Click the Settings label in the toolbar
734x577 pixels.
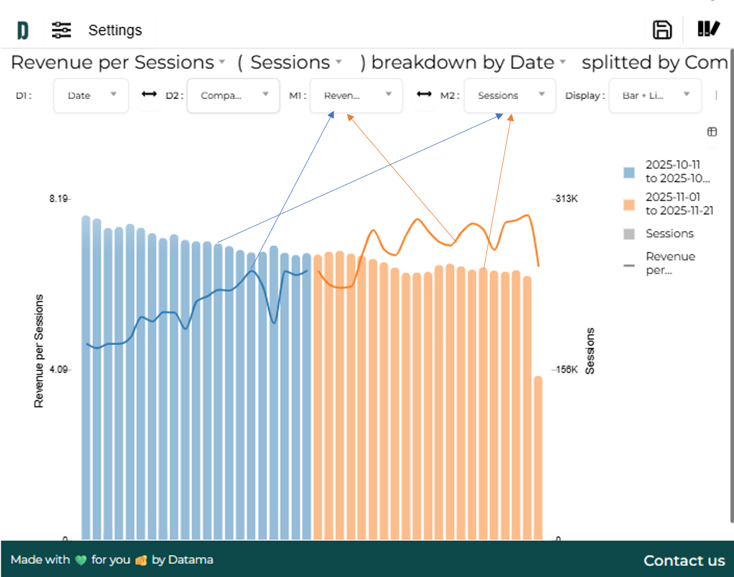pos(115,30)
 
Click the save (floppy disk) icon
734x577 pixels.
pos(662,30)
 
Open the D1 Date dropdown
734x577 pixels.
pos(91,95)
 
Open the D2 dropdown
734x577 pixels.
pos(233,95)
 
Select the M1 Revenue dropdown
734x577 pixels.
pos(356,95)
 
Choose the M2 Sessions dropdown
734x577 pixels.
pos(510,95)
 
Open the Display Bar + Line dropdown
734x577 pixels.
pos(655,95)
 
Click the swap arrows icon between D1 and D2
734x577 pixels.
pos(149,95)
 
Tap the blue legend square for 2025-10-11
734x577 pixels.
pos(629,172)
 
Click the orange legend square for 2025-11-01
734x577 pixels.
pos(629,205)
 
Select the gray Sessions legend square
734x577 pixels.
pos(629,234)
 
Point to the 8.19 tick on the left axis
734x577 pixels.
pos(59,199)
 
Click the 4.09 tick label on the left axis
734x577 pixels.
pos(59,370)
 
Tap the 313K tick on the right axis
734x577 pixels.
pos(566,199)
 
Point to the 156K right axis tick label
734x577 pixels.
pos(566,370)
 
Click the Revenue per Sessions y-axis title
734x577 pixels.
pos(39,351)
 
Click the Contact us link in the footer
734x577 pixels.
pos(684,561)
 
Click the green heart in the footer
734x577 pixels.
pos(81,560)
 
